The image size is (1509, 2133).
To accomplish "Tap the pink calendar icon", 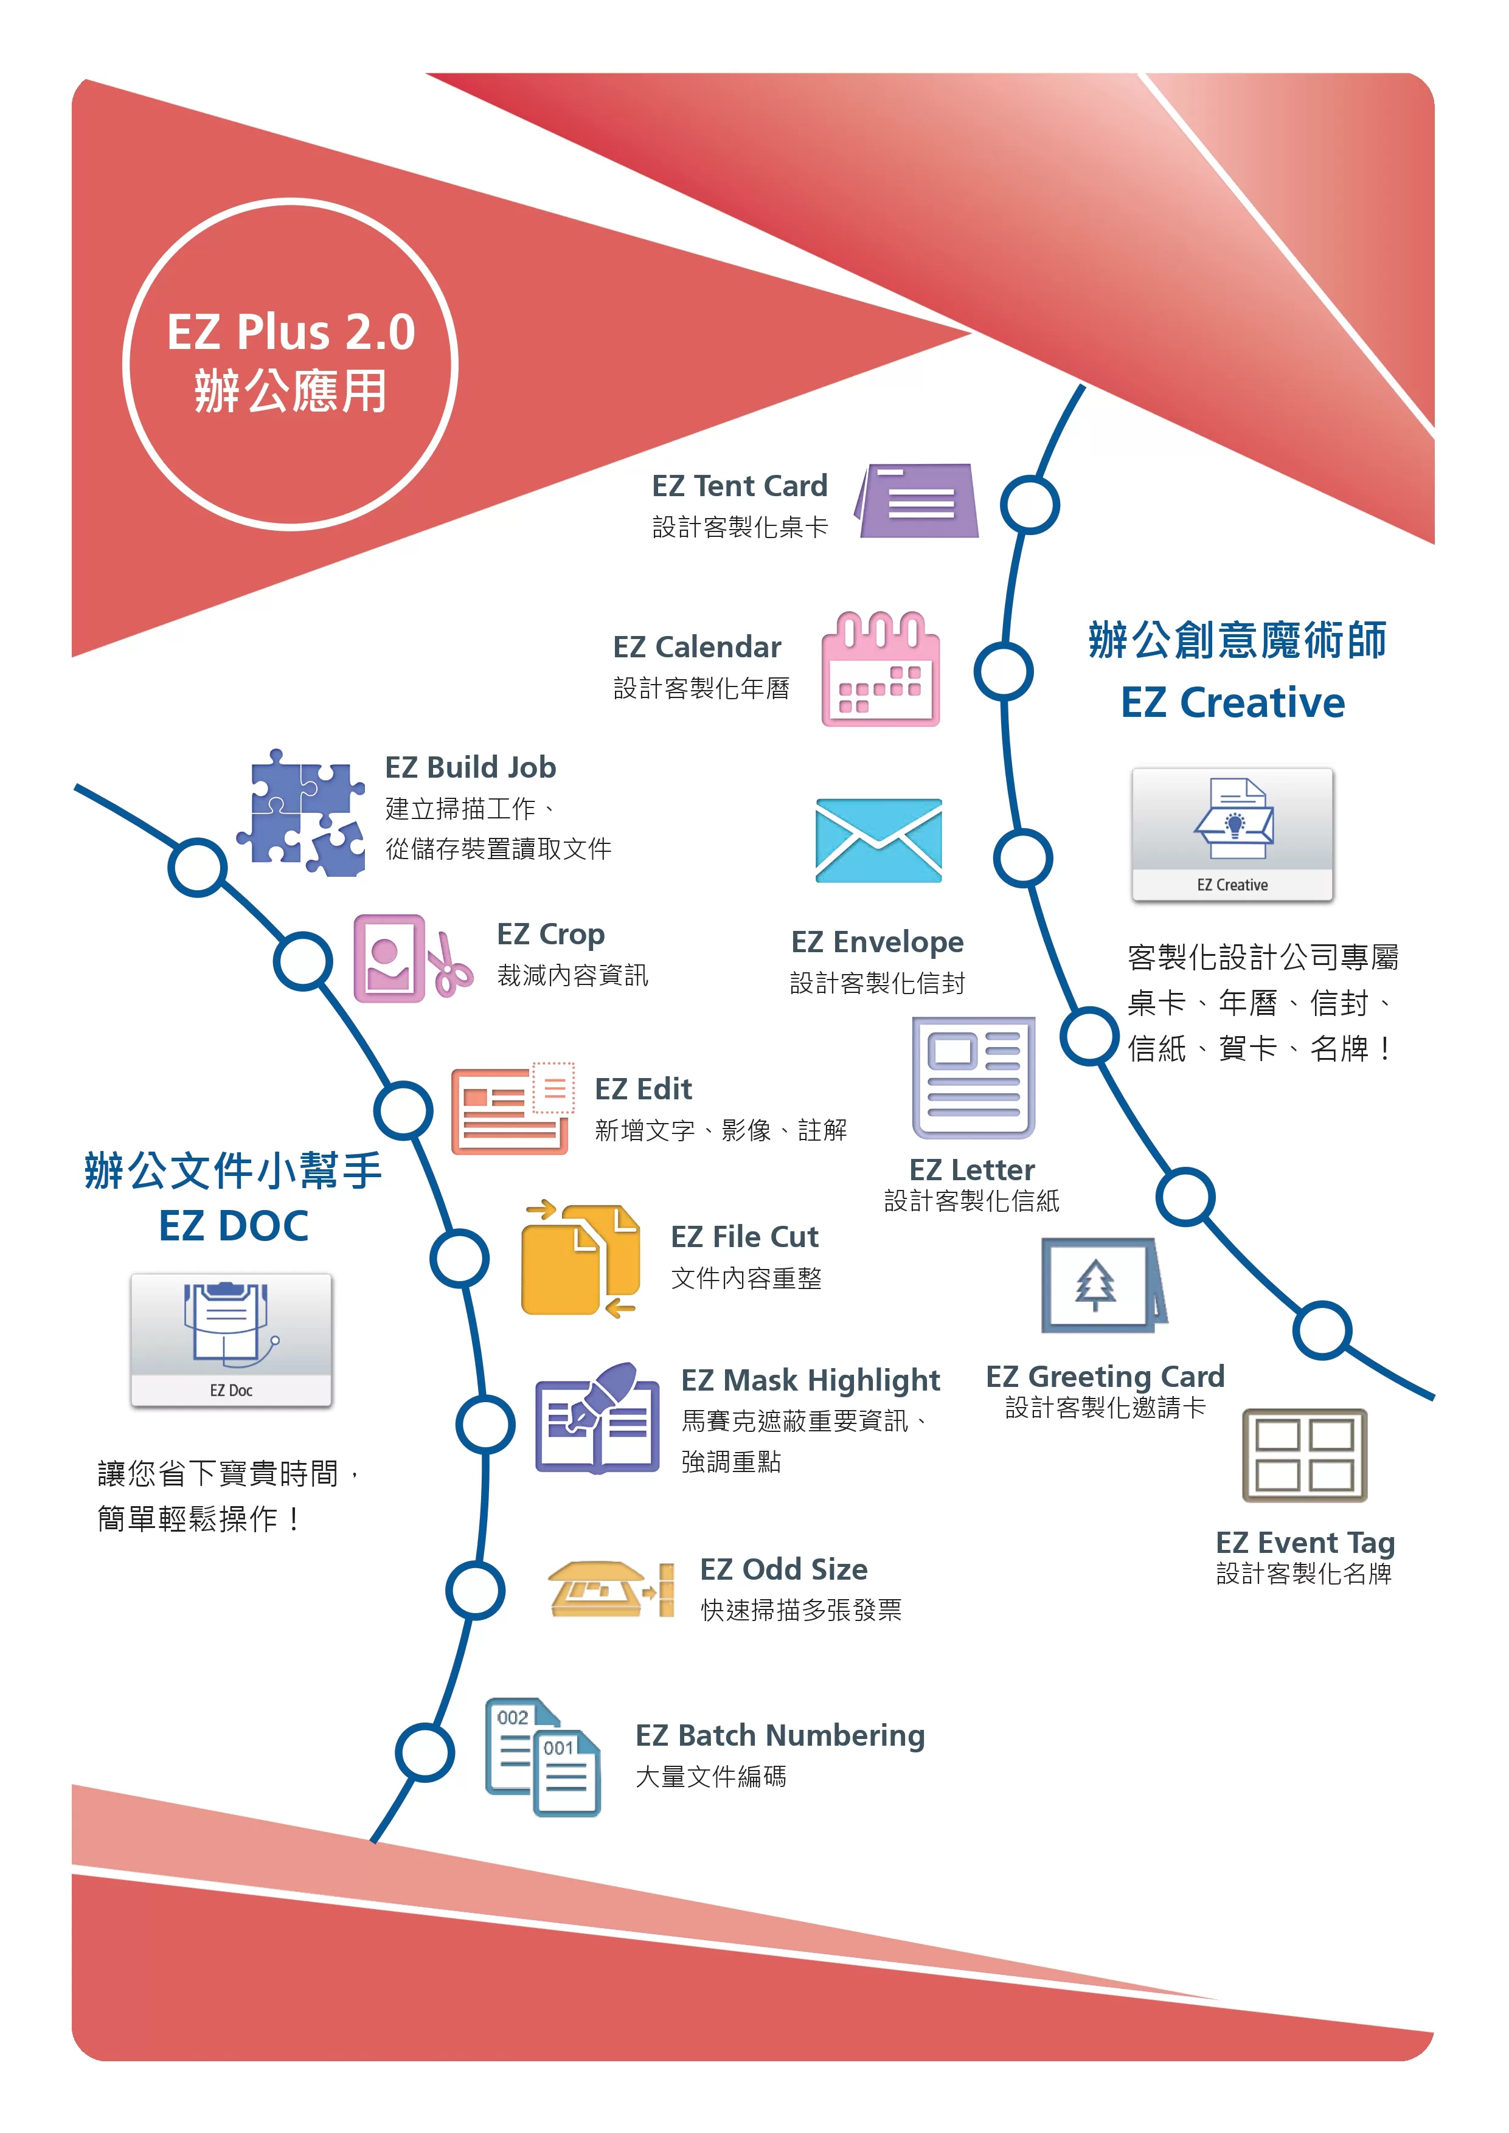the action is click(x=880, y=669).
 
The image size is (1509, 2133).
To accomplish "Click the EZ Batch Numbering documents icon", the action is click(x=543, y=1757).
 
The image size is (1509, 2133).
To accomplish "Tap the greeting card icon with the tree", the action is click(x=1104, y=1285).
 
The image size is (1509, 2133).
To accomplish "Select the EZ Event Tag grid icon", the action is click(x=1305, y=1455).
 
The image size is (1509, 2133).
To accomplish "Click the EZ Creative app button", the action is click(x=1232, y=834).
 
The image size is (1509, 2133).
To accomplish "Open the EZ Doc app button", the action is click(x=231, y=1340).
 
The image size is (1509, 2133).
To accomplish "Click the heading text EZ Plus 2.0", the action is click(x=291, y=331).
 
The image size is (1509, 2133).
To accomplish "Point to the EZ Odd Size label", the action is click(x=783, y=1569).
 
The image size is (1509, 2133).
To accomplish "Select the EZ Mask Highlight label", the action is click(x=810, y=1380).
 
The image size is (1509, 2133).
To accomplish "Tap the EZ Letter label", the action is click(x=972, y=1170).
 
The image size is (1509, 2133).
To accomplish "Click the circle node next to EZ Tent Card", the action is click(x=1030, y=505).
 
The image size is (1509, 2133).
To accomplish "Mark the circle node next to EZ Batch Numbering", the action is click(x=425, y=1752).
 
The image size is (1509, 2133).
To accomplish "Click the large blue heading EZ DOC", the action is click(x=233, y=1225).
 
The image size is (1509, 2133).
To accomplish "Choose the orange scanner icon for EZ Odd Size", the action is click(x=611, y=1589).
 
